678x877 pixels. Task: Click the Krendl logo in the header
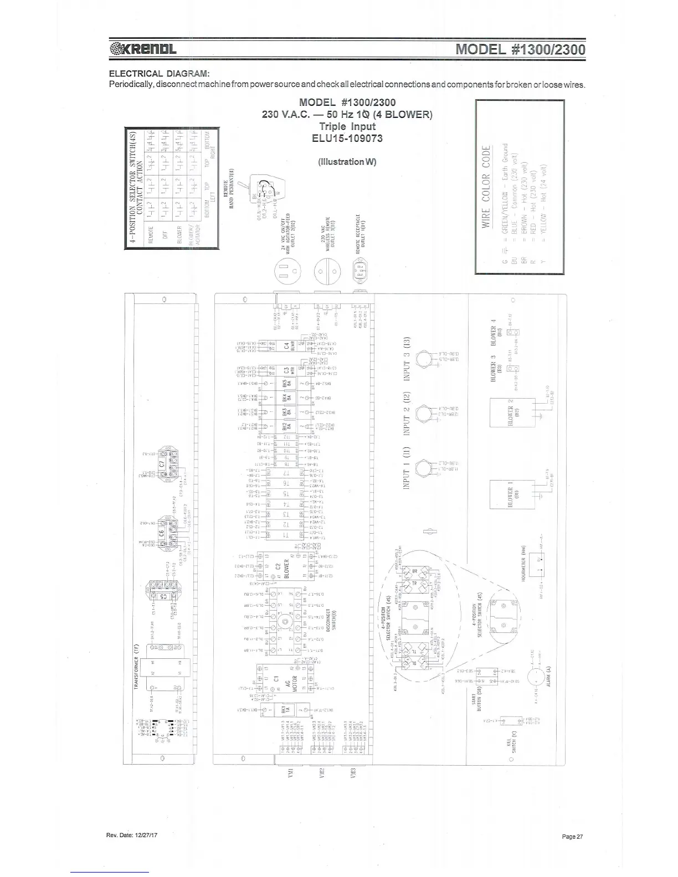click(143, 49)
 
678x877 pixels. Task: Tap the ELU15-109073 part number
click(347, 138)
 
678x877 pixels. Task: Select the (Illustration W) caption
click(347, 162)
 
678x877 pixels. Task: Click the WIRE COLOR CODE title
click(486, 186)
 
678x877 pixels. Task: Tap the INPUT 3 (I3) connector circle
click(424, 358)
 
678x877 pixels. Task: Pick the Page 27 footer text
click(572, 837)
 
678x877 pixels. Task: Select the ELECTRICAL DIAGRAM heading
click(159, 74)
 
